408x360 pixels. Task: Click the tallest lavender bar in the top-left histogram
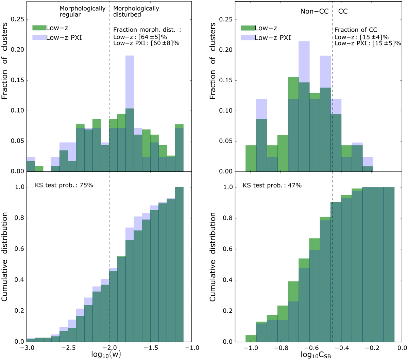coord(130,82)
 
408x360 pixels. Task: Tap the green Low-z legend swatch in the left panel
coord(39,28)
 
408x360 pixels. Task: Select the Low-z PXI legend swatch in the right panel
coord(247,37)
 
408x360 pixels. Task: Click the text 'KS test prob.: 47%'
coord(272,185)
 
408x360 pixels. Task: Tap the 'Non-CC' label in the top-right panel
coord(314,11)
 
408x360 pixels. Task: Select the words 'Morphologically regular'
coord(82,12)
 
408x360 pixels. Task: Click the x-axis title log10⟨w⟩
coord(107,354)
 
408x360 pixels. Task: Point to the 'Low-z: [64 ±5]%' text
coord(140,37)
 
